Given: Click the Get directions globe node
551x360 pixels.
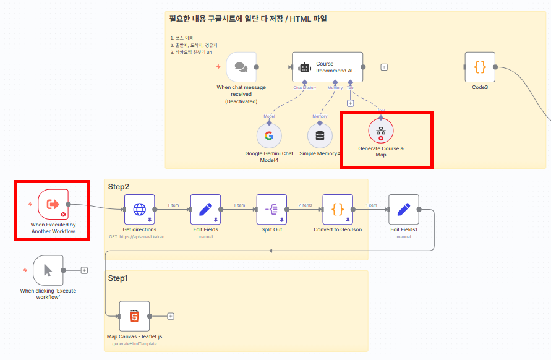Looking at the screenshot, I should click(139, 209).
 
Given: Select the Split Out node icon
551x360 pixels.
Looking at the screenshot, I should click(271, 209).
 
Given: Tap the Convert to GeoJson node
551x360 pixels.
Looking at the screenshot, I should click(338, 209).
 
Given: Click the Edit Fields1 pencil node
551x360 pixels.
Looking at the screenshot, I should click(404, 209).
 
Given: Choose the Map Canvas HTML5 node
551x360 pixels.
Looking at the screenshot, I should click(134, 316).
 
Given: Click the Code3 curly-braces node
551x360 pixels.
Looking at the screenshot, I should click(480, 67).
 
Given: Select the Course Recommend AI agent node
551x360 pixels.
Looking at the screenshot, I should click(327, 67).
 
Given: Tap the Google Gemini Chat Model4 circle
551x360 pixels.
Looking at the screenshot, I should click(269, 135).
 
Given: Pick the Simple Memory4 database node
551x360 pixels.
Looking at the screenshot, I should click(320, 135).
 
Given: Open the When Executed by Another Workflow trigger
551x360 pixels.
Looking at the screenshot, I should click(53, 204).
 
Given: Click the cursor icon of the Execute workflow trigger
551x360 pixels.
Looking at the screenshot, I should click(48, 270).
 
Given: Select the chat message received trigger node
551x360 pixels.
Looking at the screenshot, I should click(241, 67).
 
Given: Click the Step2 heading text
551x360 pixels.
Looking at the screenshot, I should click(118, 186).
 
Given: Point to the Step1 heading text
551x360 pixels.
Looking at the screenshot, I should click(118, 278).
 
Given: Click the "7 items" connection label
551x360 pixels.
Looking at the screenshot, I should click(305, 205).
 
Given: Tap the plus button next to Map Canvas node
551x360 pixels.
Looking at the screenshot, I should click(171, 316).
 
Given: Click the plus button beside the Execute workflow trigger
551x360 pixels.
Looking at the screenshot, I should click(84, 270).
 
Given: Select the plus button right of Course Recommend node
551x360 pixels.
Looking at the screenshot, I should click(384, 67).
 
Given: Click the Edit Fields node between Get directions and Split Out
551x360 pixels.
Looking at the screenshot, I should click(205, 209).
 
